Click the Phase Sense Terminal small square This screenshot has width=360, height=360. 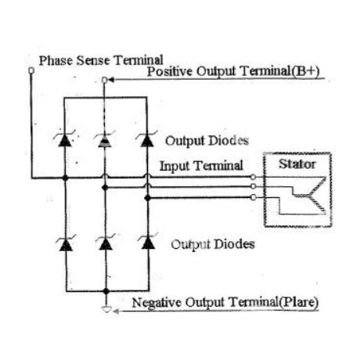(31, 70)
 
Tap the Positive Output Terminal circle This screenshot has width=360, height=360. (104, 80)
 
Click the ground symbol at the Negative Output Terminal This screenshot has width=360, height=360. (106, 310)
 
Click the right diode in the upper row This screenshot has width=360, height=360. (146, 139)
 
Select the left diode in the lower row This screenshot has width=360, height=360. (66, 243)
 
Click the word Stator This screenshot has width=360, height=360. (297, 164)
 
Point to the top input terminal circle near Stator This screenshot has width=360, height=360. (253, 178)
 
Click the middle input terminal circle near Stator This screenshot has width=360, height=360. (253, 186)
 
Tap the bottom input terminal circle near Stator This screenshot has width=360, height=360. (253, 197)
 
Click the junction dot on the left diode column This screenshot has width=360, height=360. (65, 178)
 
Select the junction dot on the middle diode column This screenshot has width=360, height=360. (105, 187)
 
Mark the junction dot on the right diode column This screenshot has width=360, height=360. (147, 198)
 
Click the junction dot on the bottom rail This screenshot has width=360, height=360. (106, 291)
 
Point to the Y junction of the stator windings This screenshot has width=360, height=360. (309, 195)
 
